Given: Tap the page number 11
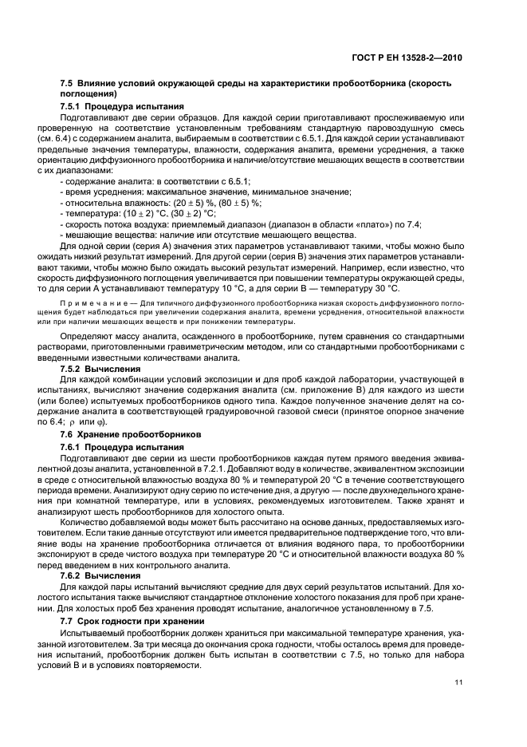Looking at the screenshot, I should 457,682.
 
